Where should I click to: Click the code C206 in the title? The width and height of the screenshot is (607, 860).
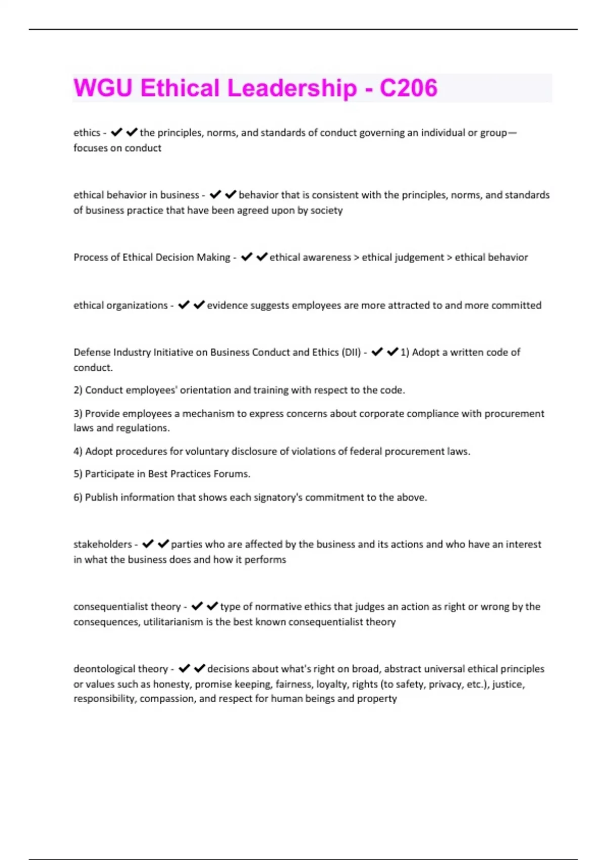pos(408,88)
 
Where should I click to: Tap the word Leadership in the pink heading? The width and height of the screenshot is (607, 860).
pos(292,88)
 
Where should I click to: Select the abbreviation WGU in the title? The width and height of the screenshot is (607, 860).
pos(103,88)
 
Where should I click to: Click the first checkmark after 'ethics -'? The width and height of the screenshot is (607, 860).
pos(116,133)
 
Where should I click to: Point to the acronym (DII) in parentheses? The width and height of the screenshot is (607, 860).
pos(351,352)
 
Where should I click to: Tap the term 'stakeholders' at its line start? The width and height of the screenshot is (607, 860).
pos(102,544)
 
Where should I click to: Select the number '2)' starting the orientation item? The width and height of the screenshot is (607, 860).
pos(78,390)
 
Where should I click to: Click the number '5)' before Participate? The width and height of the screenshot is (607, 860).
pos(78,474)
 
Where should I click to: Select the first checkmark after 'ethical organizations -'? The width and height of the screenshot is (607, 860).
pos(184,305)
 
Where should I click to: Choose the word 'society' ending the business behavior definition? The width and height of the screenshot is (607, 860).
pos(326,210)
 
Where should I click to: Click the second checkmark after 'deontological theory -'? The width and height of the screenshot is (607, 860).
pos(199,669)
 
